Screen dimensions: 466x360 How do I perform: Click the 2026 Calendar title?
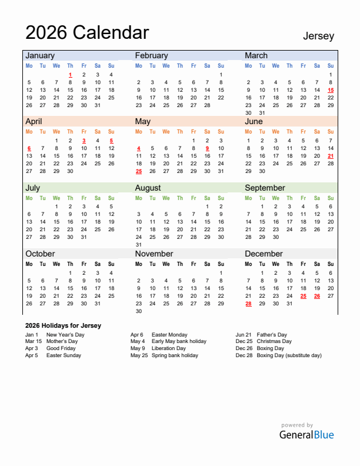(x=87, y=32)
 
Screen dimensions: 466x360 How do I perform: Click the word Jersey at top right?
(x=318, y=36)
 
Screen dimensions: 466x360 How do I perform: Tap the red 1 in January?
(x=70, y=75)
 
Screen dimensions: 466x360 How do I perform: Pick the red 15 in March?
(x=331, y=90)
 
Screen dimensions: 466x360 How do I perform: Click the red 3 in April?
(x=84, y=141)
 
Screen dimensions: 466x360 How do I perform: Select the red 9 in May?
(x=207, y=148)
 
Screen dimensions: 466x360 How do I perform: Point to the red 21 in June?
(x=331, y=156)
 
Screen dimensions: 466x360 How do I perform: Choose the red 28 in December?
(x=248, y=304)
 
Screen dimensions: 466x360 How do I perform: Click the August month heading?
(x=148, y=188)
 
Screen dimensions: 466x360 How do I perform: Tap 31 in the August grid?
(x=139, y=245)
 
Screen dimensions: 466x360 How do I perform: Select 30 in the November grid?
(x=139, y=311)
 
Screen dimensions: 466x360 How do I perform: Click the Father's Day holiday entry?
(x=272, y=334)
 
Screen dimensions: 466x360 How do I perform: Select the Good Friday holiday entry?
(x=61, y=348)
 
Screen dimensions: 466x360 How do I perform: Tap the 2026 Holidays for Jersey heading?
(x=63, y=325)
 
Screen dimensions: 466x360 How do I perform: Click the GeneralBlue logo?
(x=306, y=435)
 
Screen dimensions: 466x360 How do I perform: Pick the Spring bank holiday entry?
(x=175, y=355)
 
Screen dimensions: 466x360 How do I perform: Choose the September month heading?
(x=265, y=188)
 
